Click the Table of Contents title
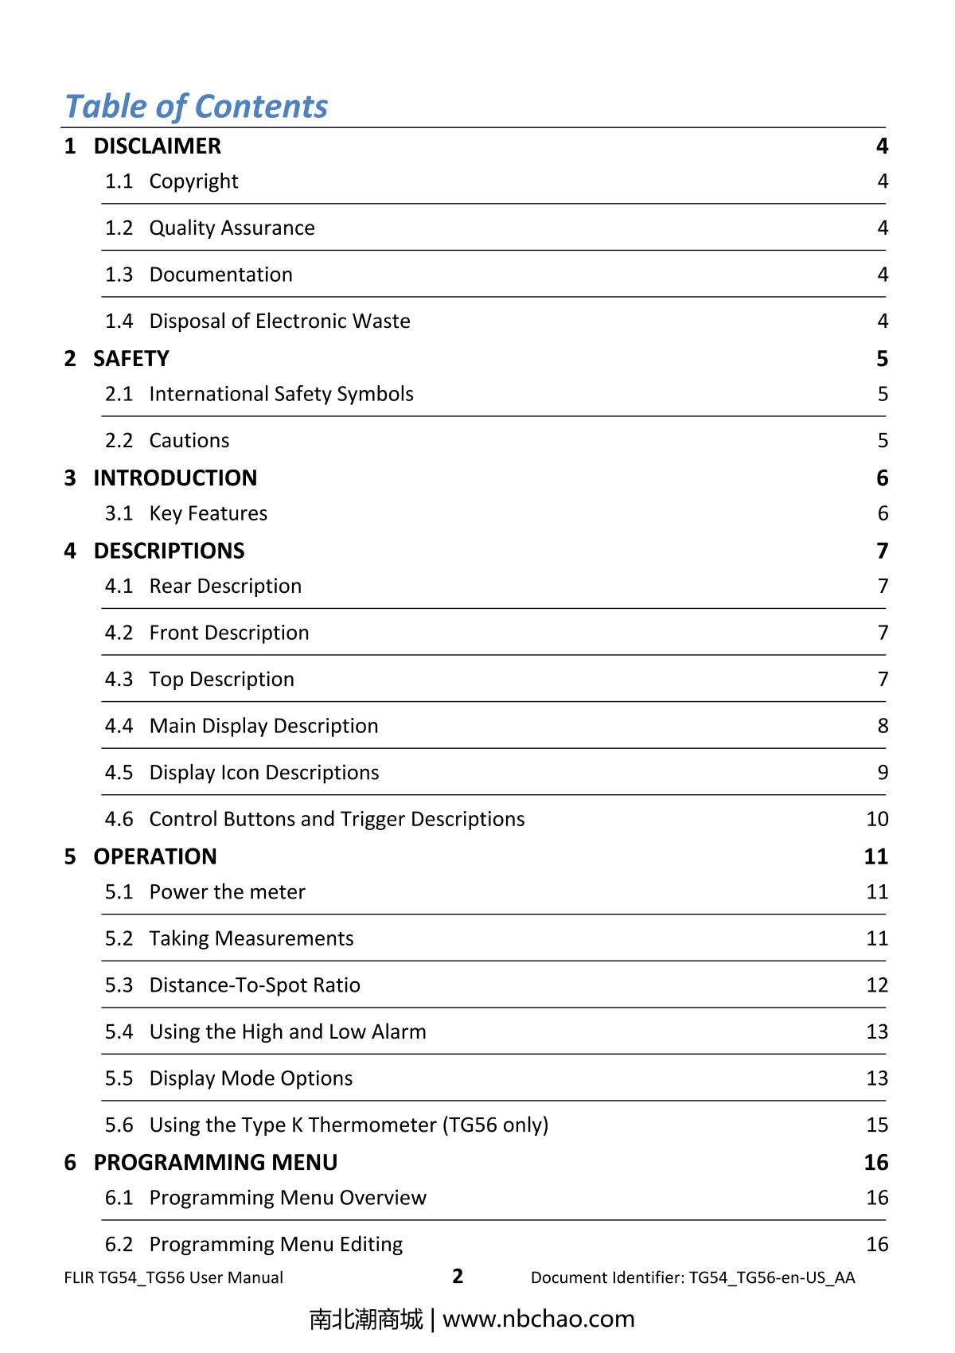click(196, 106)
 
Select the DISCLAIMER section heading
click(157, 146)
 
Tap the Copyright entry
click(193, 181)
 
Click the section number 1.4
click(119, 321)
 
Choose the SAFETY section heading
click(131, 358)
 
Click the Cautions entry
click(189, 440)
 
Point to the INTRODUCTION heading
click(175, 478)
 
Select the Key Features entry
click(209, 513)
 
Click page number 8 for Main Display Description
click(883, 726)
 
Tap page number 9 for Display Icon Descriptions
click(883, 772)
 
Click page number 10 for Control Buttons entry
click(877, 819)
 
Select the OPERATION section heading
click(155, 856)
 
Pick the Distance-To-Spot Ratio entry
click(255, 985)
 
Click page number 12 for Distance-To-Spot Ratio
click(877, 985)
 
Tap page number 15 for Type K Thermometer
click(877, 1125)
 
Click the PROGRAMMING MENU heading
click(216, 1162)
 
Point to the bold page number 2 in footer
click(458, 1276)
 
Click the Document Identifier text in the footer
click(692, 1277)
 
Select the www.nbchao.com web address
click(539, 1319)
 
